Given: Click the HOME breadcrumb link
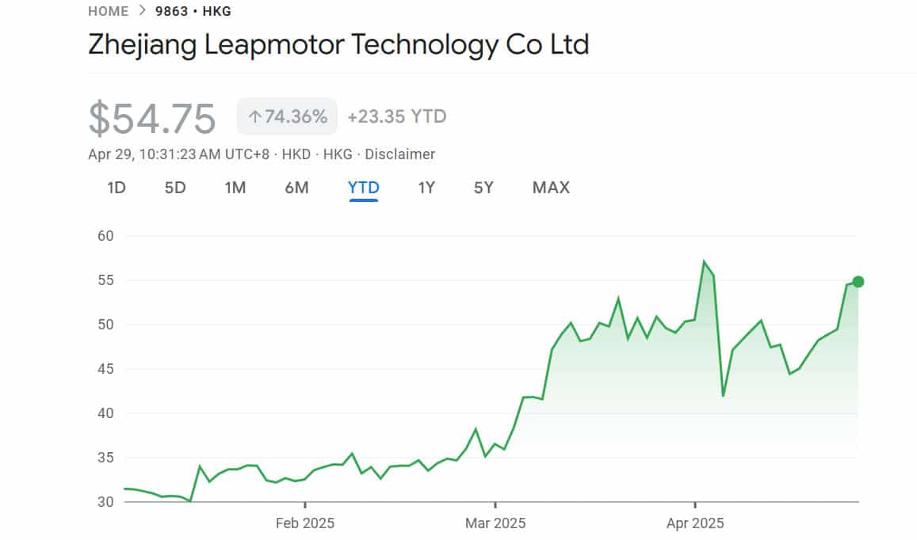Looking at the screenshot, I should [x=108, y=11].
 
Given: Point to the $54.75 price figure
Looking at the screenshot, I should [x=151, y=118].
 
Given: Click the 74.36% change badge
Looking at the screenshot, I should [x=287, y=117].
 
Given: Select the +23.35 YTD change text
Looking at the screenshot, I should [x=396, y=117].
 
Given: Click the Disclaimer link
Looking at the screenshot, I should [x=399, y=154].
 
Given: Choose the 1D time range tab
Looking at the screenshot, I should [x=117, y=188].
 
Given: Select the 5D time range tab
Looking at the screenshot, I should [x=175, y=188].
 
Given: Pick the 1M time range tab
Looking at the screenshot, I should [x=235, y=188].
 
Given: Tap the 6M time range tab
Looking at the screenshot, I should [x=296, y=188].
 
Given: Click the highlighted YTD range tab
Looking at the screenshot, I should [x=364, y=188].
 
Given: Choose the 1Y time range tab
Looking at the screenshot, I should [x=426, y=188].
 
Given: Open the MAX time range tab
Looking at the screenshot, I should [x=551, y=188].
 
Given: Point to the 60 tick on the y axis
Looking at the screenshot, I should [x=106, y=236].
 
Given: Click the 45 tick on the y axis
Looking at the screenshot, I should [x=106, y=369].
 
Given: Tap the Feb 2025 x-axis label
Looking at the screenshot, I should [x=304, y=523].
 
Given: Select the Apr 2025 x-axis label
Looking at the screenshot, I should [x=695, y=523].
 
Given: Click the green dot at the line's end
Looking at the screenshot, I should [x=858, y=282].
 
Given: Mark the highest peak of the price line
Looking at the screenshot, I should [x=704, y=262].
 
